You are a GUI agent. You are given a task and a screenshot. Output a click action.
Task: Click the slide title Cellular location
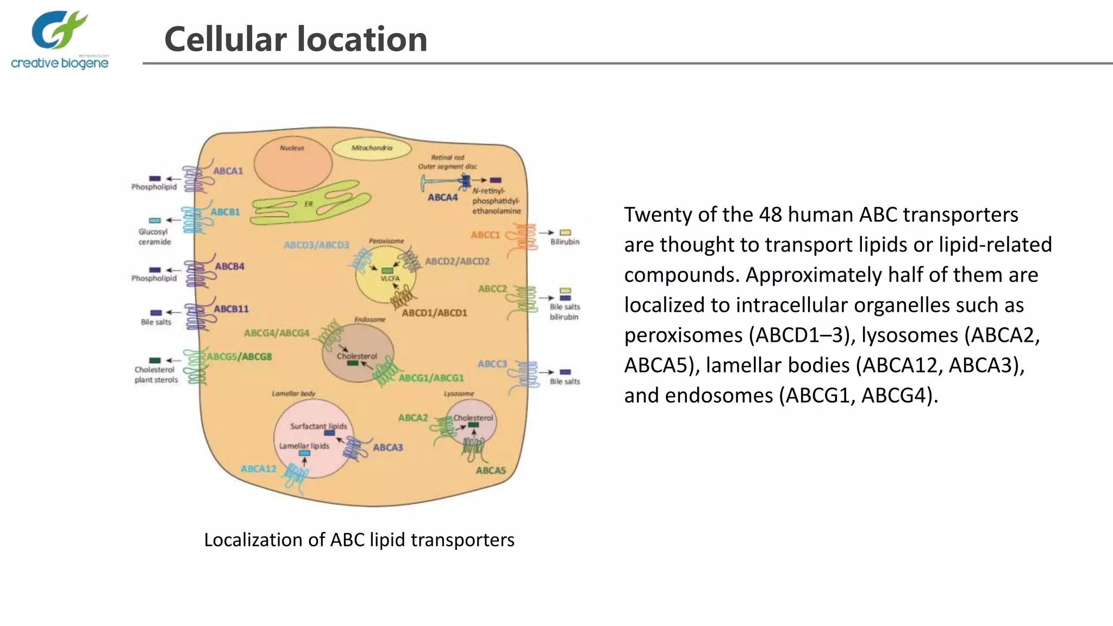(296, 39)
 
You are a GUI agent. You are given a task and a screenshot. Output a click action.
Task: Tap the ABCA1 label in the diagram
(228, 171)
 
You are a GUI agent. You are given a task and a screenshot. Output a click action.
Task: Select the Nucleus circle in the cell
(292, 164)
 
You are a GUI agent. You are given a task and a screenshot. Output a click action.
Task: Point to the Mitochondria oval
(372, 148)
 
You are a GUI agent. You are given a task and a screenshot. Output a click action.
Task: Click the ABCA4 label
(442, 197)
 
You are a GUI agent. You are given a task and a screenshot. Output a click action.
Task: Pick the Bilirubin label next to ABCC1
(565, 242)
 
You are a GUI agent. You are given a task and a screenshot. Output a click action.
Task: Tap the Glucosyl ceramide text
(154, 236)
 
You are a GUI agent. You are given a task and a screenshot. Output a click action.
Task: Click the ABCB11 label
(231, 309)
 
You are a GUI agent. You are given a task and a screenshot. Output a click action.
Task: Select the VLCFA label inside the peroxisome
(390, 278)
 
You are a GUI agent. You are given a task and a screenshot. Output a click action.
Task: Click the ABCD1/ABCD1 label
(434, 312)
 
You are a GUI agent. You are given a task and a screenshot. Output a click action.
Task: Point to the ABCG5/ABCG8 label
(239, 356)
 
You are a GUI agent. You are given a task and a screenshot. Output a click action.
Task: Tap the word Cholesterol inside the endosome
(357, 356)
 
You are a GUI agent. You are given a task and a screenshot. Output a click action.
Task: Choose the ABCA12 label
(259, 468)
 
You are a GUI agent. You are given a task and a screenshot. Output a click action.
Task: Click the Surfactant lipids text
(318, 426)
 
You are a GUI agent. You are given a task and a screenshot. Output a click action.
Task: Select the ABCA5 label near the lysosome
(491, 470)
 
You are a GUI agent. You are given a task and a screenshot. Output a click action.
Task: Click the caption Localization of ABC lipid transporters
(359, 540)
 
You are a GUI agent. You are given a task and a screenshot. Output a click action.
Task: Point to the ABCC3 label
(492, 364)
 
